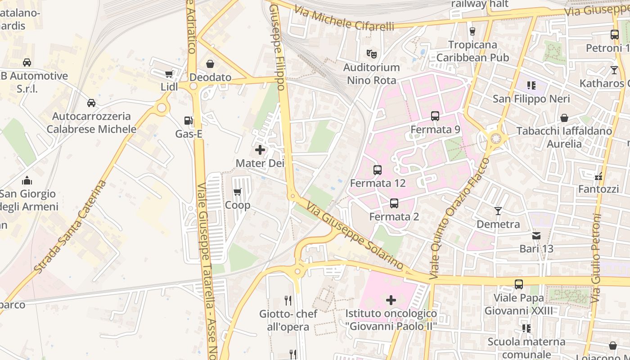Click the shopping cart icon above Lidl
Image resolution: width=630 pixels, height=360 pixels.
pyautogui.click(x=169, y=74)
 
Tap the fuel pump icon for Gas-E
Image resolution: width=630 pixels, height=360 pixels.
pyautogui.click(x=188, y=121)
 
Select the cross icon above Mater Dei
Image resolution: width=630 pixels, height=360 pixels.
pyautogui.click(x=260, y=150)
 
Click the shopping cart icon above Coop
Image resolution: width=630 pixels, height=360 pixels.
pyautogui.click(x=238, y=192)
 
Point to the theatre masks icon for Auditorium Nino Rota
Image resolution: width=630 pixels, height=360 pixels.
pyautogui.click(x=372, y=54)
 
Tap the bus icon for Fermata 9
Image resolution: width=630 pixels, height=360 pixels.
pyautogui.click(x=435, y=116)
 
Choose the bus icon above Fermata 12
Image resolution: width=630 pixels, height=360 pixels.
pyautogui.click(x=378, y=170)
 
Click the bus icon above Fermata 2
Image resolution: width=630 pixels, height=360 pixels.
pyautogui.click(x=394, y=203)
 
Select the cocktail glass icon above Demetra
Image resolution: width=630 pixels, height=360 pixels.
pyautogui.click(x=498, y=211)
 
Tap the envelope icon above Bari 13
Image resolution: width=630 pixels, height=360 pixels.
pyautogui.click(x=536, y=235)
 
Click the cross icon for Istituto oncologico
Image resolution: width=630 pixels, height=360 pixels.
pyautogui.click(x=391, y=300)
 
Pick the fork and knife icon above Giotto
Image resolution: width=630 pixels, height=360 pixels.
pyautogui.click(x=288, y=300)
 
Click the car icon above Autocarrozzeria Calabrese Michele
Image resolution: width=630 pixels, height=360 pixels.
pyautogui.click(x=91, y=103)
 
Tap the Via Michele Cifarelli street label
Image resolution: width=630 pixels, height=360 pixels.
pyautogui.click(x=344, y=19)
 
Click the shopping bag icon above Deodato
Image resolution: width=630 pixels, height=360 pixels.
pyautogui.click(x=210, y=64)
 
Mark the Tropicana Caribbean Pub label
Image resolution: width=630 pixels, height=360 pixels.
pyautogui.click(x=472, y=51)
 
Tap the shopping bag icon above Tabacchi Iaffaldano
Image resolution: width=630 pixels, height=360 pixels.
pyautogui.click(x=564, y=118)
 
